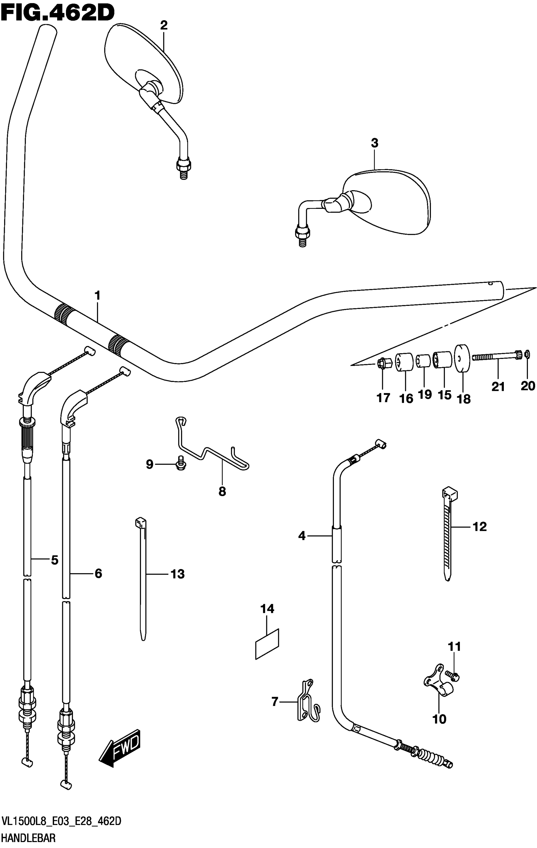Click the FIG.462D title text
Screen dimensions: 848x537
(x=58, y=13)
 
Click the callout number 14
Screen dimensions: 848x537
(x=267, y=609)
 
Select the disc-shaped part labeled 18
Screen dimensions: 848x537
(x=463, y=358)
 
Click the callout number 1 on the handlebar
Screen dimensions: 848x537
(x=97, y=295)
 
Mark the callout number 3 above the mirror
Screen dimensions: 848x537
(x=374, y=143)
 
